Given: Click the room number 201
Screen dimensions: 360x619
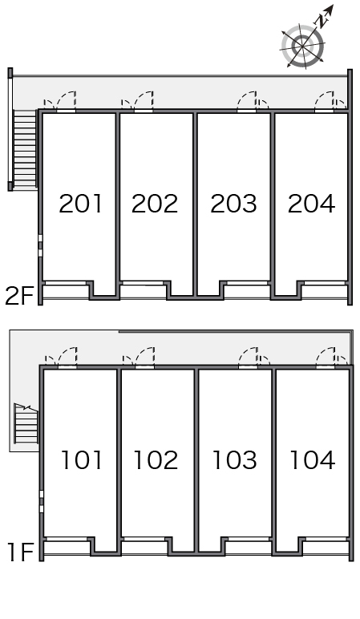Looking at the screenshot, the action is (x=80, y=204).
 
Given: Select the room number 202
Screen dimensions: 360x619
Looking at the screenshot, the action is (x=155, y=204).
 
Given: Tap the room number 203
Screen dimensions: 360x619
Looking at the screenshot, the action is (x=233, y=204).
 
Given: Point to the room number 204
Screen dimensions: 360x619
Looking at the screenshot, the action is (x=311, y=204).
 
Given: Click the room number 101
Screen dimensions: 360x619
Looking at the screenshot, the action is (x=82, y=460).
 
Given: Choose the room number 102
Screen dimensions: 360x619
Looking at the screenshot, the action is (x=156, y=460).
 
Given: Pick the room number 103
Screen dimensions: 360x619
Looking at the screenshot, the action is (x=235, y=460).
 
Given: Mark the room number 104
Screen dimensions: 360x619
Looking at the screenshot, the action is (x=313, y=460).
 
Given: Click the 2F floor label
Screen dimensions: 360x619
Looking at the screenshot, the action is (x=18, y=296).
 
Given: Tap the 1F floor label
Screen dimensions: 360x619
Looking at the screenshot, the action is (x=21, y=552).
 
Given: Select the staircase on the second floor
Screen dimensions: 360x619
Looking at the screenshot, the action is (x=25, y=149).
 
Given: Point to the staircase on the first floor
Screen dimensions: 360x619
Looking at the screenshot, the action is (x=26, y=423).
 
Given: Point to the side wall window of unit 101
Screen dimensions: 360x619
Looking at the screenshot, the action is (x=41, y=502).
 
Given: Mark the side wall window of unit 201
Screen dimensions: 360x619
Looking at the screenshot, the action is (x=40, y=246).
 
